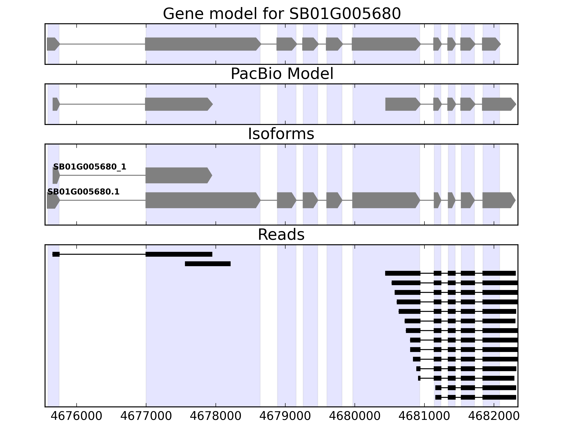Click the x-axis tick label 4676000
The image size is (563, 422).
76,416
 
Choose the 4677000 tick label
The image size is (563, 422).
146,416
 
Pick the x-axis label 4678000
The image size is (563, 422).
216,416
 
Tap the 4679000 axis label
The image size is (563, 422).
285,416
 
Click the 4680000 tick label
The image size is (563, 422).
355,416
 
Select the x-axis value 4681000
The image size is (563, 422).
424,416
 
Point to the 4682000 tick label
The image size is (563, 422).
494,416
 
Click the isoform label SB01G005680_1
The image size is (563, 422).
90,167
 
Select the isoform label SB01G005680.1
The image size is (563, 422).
84,192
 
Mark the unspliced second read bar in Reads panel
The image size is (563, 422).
208,264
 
